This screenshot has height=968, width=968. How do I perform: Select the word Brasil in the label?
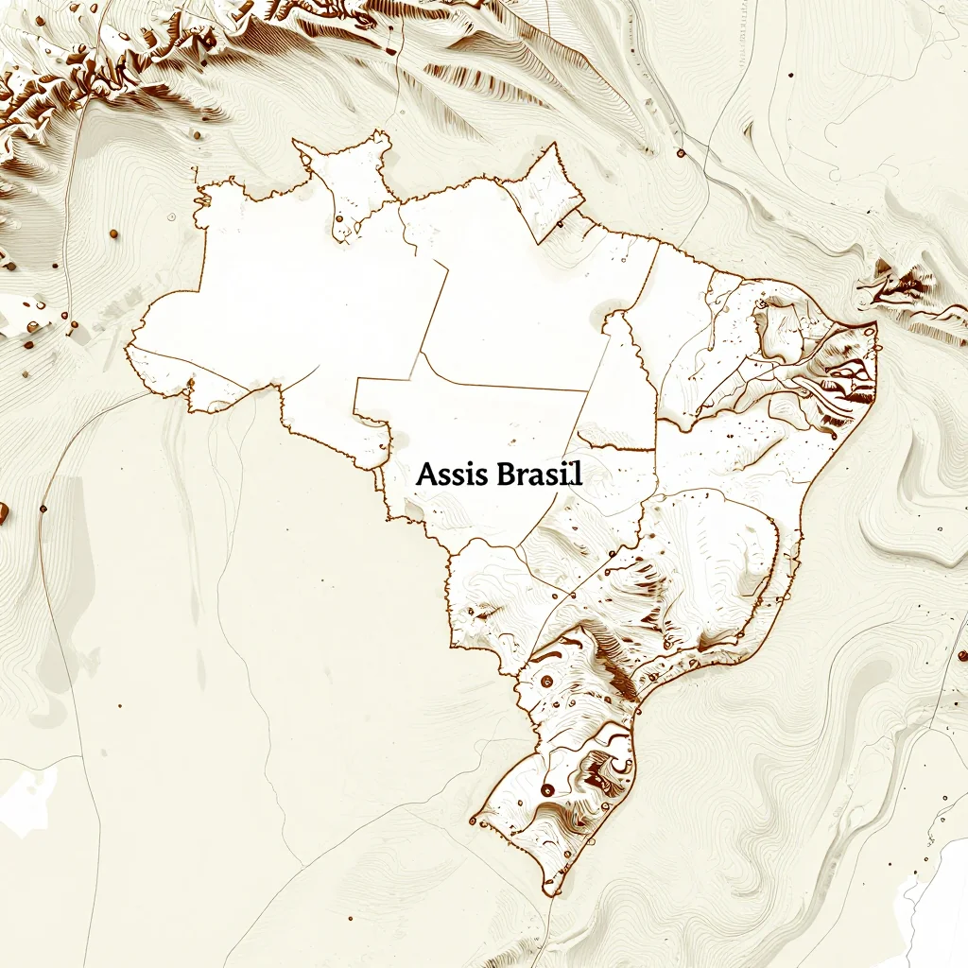(x=537, y=475)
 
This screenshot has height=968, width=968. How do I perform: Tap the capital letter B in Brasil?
(x=501, y=475)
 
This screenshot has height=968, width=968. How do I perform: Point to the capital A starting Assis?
(x=424, y=475)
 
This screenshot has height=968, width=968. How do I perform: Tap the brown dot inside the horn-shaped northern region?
(x=338, y=220)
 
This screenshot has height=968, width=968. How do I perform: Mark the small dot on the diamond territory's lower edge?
(x=559, y=225)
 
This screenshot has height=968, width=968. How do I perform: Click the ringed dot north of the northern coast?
(x=679, y=153)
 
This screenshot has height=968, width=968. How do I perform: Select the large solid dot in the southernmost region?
(x=547, y=789)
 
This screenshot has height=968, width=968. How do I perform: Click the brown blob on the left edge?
(x=3, y=513)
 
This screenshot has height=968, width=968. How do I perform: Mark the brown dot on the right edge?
(x=961, y=655)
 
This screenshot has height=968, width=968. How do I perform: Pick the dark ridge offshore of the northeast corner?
(x=903, y=284)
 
